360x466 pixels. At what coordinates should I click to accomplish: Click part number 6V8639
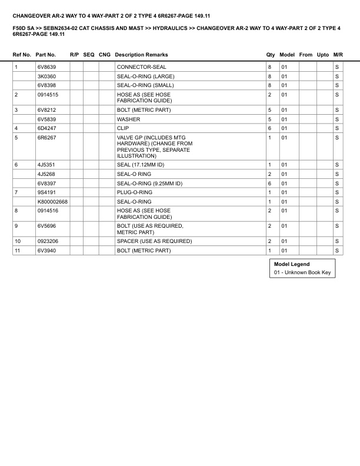click(x=46, y=68)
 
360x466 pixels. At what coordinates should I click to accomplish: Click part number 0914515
click(x=48, y=94)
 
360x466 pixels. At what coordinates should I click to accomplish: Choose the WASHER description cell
click(x=129, y=119)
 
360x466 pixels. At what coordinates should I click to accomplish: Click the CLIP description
click(x=123, y=128)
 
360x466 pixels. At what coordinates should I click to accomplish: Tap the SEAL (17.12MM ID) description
click(x=141, y=165)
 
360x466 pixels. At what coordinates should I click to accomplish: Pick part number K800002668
click(x=52, y=201)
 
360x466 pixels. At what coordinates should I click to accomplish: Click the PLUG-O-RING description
click(x=135, y=192)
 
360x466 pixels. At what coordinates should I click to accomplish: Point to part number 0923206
click(x=48, y=241)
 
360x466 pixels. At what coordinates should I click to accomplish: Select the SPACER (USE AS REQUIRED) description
click(x=155, y=241)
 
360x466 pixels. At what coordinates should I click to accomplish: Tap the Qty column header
click(x=271, y=55)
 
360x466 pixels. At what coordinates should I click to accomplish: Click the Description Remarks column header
click(x=141, y=55)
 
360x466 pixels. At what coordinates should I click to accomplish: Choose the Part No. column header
click(x=45, y=55)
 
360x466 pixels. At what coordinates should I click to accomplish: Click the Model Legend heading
click(x=292, y=264)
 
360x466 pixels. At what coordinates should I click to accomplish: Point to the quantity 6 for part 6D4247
click(x=269, y=128)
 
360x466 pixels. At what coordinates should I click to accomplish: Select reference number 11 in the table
click(x=18, y=251)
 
